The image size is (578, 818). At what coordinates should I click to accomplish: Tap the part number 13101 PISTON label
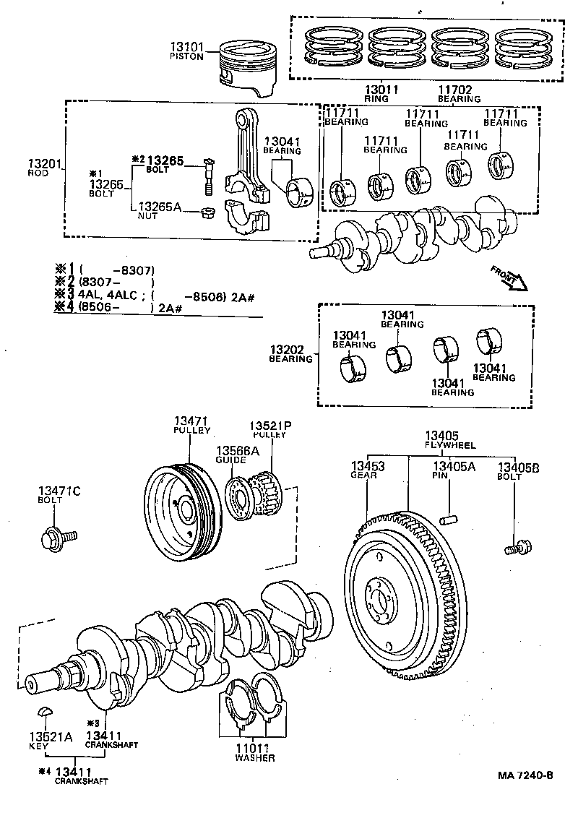pyautogui.click(x=187, y=51)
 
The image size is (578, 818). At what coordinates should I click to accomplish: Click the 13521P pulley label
pyautogui.click(x=269, y=430)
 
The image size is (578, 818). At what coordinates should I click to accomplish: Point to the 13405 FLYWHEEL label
pyautogui.click(x=442, y=440)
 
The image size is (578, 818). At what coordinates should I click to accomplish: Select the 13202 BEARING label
pyautogui.click(x=291, y=354)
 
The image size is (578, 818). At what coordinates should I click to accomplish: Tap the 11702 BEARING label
pyautogui.click(x=454, y=94)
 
